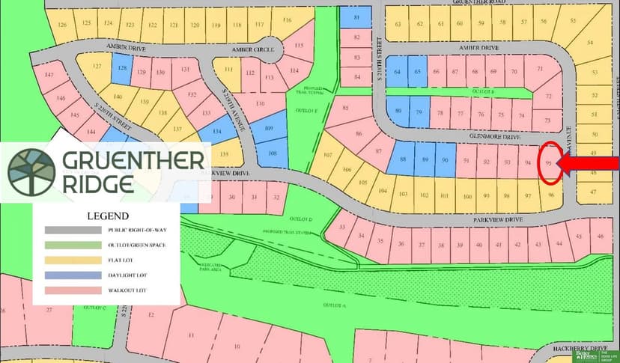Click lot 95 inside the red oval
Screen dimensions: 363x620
(x=550, y=162)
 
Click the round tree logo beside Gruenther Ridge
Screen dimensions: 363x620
(x=31, y=168)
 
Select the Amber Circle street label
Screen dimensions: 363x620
(x=250, y=49)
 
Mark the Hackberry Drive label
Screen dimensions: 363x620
(x=592, y=348)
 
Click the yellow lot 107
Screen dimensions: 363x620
(x=326, y=156)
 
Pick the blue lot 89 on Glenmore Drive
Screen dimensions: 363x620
(x=425, y=160)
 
